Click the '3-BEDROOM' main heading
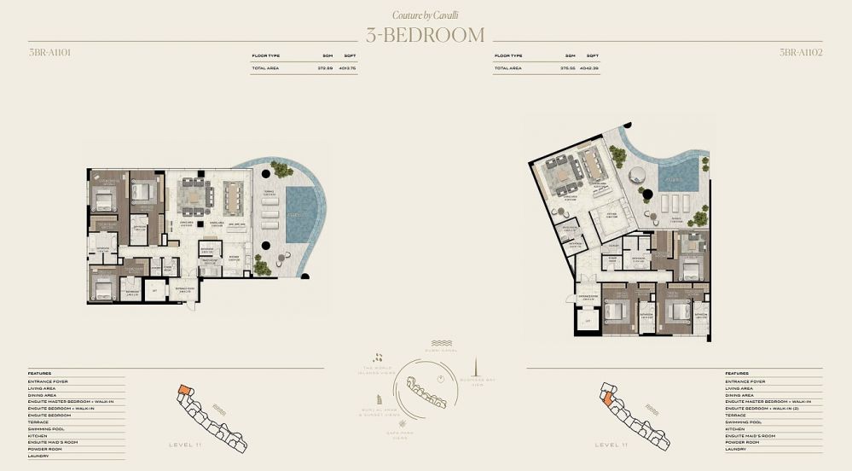click(x=425, y=35)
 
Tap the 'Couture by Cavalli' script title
click(x=425, y=15)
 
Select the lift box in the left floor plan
click(x=154, y=292)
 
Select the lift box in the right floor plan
click(x=587, y=321)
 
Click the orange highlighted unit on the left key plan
click(x=183, y=392)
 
